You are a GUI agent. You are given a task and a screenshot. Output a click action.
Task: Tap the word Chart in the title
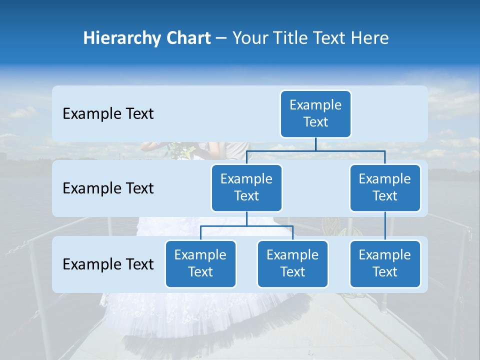click(188, 38)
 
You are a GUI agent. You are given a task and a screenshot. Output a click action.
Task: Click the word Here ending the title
click(370, 38)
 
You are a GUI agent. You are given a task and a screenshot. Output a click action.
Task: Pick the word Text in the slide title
click(332, 38)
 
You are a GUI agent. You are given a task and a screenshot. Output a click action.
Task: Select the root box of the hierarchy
click(315, 113)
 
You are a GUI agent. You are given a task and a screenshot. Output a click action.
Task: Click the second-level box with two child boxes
click(246, 187)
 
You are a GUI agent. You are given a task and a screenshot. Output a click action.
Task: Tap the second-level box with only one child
click(385, 187)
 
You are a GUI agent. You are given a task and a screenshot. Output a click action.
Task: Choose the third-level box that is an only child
click(385, 263)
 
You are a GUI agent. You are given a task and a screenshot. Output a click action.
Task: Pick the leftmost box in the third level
click(200, 263)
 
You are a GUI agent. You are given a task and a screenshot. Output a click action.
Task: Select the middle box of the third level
click(292, 263)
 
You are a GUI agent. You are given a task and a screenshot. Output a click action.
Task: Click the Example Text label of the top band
click(108, 114)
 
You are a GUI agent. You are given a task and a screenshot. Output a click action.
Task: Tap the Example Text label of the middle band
click(108, 188)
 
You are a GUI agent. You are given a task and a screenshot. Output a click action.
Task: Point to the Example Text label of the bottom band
click(108, 264)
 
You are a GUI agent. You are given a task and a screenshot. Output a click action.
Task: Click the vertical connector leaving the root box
click(315, 144)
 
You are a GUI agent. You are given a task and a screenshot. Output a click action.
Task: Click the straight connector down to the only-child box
click(385, 226)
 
